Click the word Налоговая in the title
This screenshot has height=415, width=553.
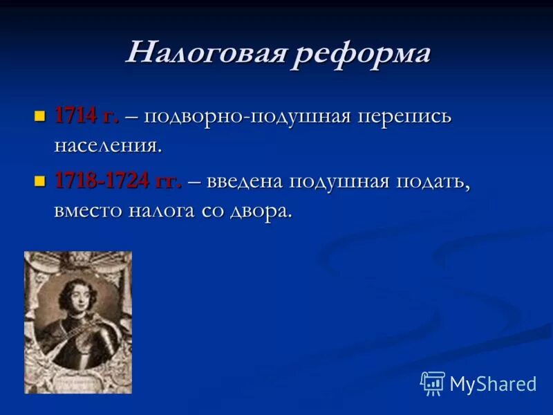(205, 53)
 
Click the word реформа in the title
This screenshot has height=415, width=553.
(361, 53)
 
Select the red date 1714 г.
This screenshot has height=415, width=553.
(86, 116)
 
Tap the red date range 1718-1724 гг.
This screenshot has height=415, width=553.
(118, 181)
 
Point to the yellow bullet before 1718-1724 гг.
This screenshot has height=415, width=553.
(39, 181)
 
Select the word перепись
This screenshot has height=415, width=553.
(404, 116)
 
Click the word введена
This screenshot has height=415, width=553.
(245, 181)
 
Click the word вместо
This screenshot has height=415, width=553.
(87, 210)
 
